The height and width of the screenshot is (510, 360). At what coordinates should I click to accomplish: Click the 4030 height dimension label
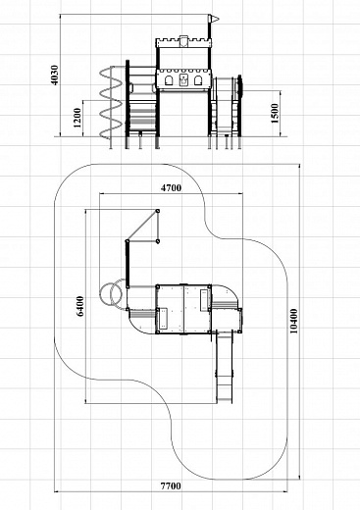click(x=55, y=76)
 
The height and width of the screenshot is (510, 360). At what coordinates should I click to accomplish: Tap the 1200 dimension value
click(x=77, y=118)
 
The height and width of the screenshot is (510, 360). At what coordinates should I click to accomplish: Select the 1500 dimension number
click(x=275, y=113)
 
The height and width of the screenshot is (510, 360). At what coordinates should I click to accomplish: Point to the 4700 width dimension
click(x=171, y=188)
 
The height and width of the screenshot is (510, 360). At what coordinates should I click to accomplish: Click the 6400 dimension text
click(x=80, y=306)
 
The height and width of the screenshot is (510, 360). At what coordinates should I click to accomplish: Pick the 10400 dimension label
click(x=294, y=321)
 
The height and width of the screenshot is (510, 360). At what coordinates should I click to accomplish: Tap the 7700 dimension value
click(x=171, y=485)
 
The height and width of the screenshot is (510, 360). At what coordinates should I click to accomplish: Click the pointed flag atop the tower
click(x=213, y=19)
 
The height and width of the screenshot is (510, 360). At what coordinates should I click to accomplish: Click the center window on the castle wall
click(x=183, y=80)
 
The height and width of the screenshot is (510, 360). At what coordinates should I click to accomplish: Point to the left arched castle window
click(x=169, y=80)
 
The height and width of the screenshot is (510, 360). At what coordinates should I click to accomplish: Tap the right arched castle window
click(x=198, y=80)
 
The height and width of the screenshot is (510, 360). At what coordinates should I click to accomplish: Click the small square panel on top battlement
click(x=183, y=40)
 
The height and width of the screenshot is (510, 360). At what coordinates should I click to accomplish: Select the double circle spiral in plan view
click(x=113, y=293)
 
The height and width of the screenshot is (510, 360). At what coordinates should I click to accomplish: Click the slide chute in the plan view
click(x=225, y=366)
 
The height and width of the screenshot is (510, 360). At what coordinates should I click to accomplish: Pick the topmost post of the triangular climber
click(x=158, y=211)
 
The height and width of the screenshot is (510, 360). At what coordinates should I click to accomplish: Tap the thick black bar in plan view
click(x=128, y=264)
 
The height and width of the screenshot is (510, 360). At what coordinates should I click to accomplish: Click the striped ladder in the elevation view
click(x=143, y=116)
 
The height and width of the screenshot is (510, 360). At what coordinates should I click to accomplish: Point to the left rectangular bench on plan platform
click(x=163, y=319)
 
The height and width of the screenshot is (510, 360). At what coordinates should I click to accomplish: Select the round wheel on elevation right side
click(x=240, y=86)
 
